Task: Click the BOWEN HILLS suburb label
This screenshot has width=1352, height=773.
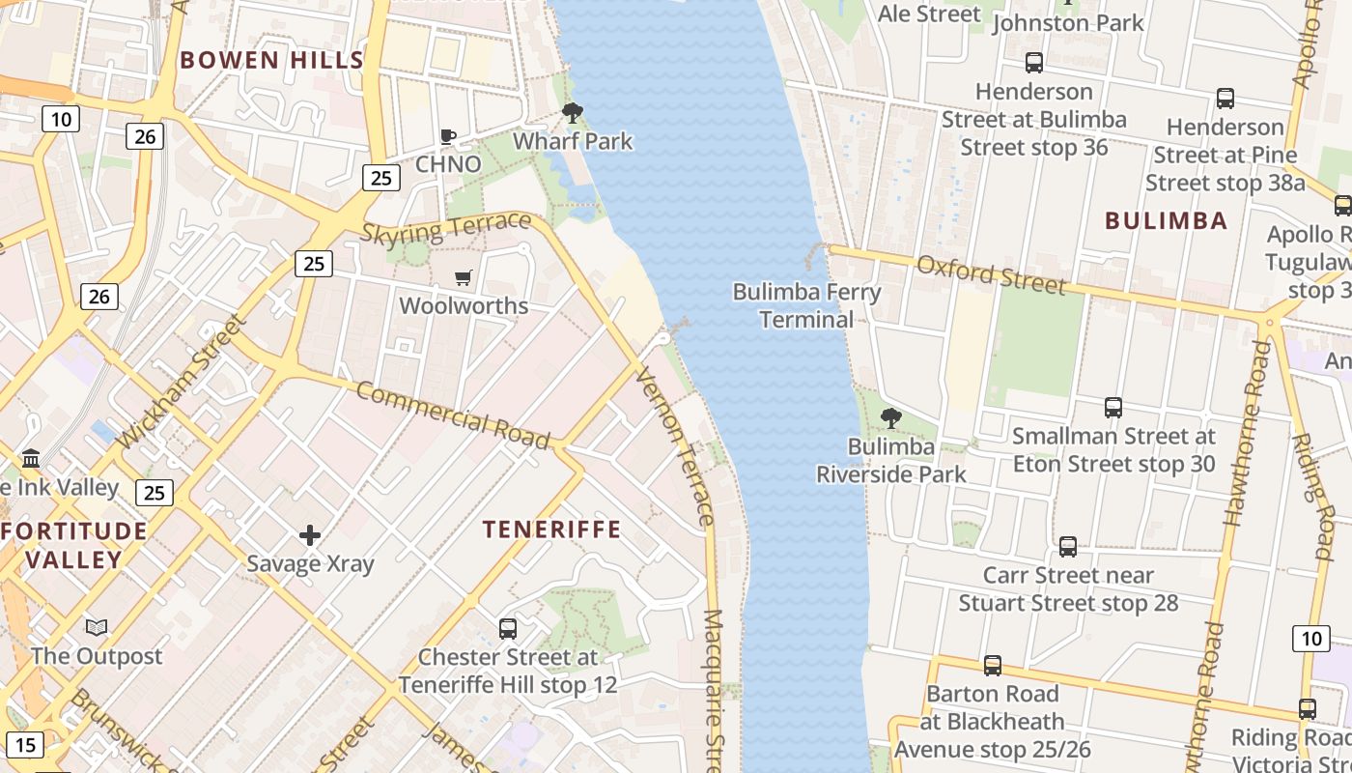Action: click(x=271, y=60)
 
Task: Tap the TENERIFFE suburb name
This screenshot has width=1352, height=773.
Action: click(x=551, y=530)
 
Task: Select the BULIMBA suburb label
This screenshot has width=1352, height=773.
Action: click(x=1166, y=220)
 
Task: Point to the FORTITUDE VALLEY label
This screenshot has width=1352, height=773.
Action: click(x=74, y=545)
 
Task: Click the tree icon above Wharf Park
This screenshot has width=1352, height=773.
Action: click(x=573, y=113)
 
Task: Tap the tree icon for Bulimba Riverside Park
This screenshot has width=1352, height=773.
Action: click(x=890, y=418)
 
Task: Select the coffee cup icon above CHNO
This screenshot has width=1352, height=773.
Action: click(x=448, y=136)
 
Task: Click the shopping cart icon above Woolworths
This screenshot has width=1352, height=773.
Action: click(x=464, y=278)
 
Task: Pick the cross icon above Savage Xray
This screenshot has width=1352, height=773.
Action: click(x=310, y=535)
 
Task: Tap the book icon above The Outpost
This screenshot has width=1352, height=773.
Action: click(x=97, y=628)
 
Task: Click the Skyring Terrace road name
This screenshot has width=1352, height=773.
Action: click(x=446, y=228)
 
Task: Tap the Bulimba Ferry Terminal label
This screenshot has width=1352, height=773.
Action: click(x=806, y=305)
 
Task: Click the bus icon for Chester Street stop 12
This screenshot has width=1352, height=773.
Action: click(x=508, y=629)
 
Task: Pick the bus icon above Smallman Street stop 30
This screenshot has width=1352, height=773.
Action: click(x=1113, y=408)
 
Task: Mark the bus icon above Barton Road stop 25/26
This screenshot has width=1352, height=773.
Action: click(x=992, y=666)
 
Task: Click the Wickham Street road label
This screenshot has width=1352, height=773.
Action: click(x=182, y=382)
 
